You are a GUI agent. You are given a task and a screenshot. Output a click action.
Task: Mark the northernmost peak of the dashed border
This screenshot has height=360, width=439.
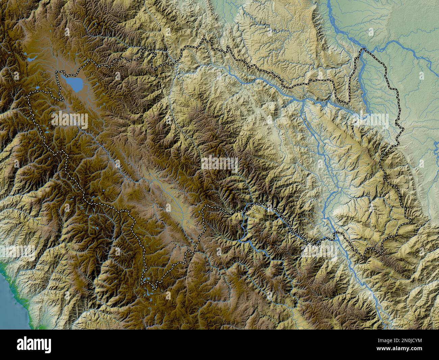tap(204, 40)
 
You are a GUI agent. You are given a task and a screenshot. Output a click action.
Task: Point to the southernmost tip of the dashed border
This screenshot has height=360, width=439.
tap(154, 288)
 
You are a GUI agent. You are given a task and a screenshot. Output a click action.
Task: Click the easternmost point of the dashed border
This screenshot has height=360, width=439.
tap(411, 222)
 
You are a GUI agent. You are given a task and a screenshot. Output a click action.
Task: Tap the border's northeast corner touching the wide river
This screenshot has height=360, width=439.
tap(364, 50)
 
